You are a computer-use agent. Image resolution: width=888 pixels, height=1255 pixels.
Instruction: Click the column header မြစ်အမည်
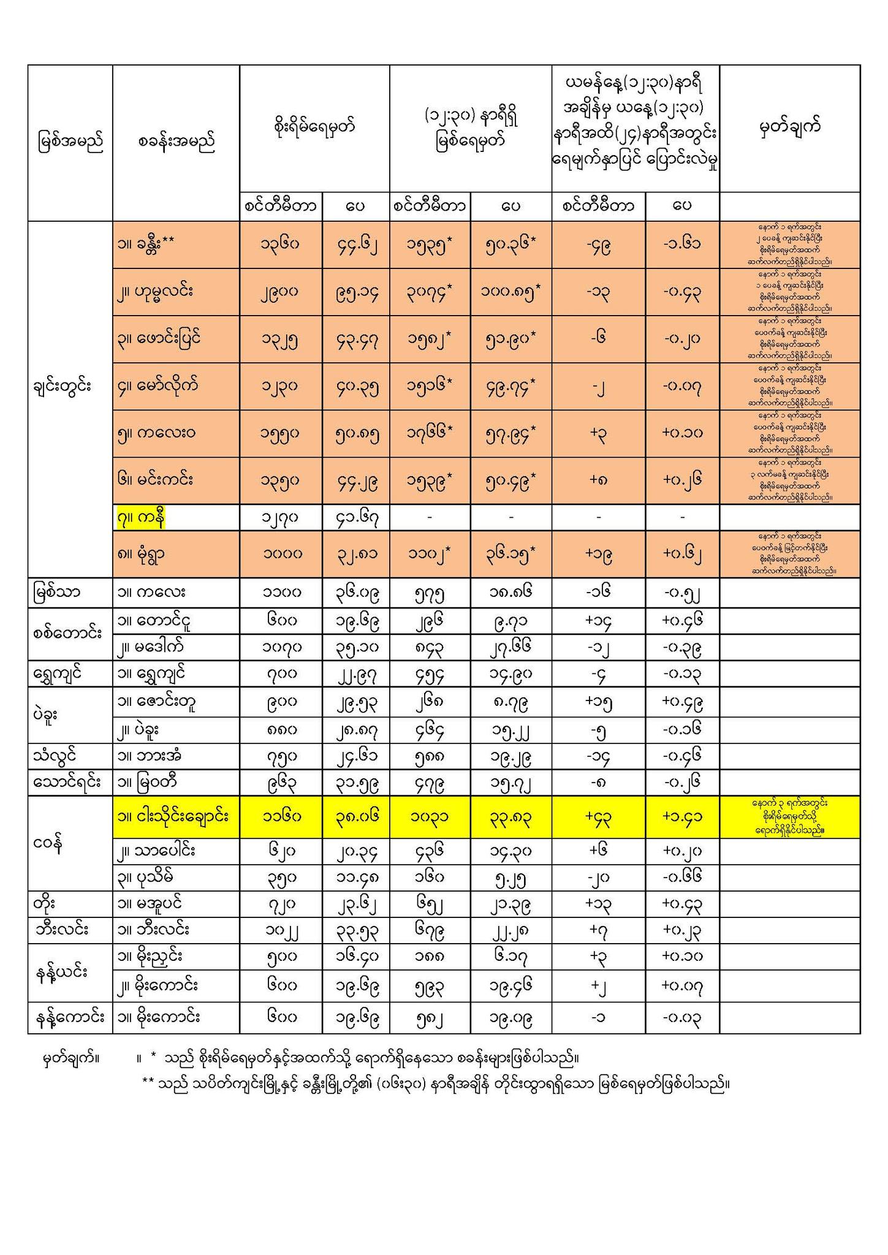(70, 142)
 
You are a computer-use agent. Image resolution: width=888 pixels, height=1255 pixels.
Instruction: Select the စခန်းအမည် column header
(176, 142)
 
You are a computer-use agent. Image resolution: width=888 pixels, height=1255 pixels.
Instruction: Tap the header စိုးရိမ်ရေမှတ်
(314, 127)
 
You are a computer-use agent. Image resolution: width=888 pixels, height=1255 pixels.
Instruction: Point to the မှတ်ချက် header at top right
(789, 127)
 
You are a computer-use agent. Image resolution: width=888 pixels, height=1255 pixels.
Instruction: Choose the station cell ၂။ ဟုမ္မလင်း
(155, 292)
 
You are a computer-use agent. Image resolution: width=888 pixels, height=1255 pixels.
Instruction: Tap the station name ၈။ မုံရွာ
(141, 554)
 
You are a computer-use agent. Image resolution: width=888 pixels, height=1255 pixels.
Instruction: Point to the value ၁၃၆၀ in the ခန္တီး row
(280, 245)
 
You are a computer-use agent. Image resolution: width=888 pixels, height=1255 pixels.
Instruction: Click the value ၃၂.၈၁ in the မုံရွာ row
(355, 554)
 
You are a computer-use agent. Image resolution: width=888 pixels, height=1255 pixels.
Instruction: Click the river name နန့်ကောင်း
(69, 1018)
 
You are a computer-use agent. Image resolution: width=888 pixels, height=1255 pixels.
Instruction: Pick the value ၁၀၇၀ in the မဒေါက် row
(280, 647)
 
